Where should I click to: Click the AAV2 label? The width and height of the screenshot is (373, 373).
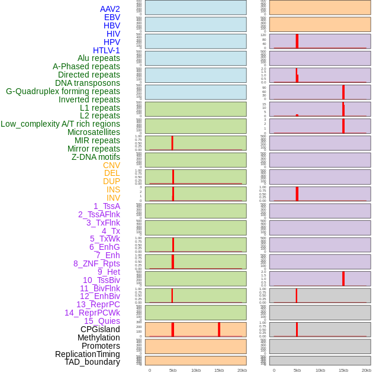click(110, 9)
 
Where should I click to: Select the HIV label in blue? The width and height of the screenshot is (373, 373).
click(113, 34)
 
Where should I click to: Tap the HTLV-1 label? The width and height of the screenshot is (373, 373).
click(106, 50)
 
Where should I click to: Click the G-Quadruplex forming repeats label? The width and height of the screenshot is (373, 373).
click(63, 91)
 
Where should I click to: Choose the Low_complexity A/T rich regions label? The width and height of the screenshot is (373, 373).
click(60, 124)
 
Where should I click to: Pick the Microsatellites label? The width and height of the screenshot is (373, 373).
click(94, 132)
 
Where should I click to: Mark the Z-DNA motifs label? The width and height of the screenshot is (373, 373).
click(95, 157)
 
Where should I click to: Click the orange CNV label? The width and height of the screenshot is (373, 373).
click(111, 165)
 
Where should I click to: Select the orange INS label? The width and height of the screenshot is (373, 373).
click(113, 189)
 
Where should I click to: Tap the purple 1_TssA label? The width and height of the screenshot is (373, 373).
click(107, 206)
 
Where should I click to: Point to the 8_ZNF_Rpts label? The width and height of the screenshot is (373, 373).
click(97, 263)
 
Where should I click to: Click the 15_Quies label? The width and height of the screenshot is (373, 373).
click(102, 321)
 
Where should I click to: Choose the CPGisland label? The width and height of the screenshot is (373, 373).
click(100, 329)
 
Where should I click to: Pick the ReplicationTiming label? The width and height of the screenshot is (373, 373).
click(87, 354)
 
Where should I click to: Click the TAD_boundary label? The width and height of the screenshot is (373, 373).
click(92, 362)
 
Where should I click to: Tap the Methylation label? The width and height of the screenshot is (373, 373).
click(98, 337)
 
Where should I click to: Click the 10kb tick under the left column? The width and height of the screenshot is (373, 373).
click(196, 370)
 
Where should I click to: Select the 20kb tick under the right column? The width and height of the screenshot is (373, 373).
click(366, 370)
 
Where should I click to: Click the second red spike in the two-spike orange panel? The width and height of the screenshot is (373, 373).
click(219, 330)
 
